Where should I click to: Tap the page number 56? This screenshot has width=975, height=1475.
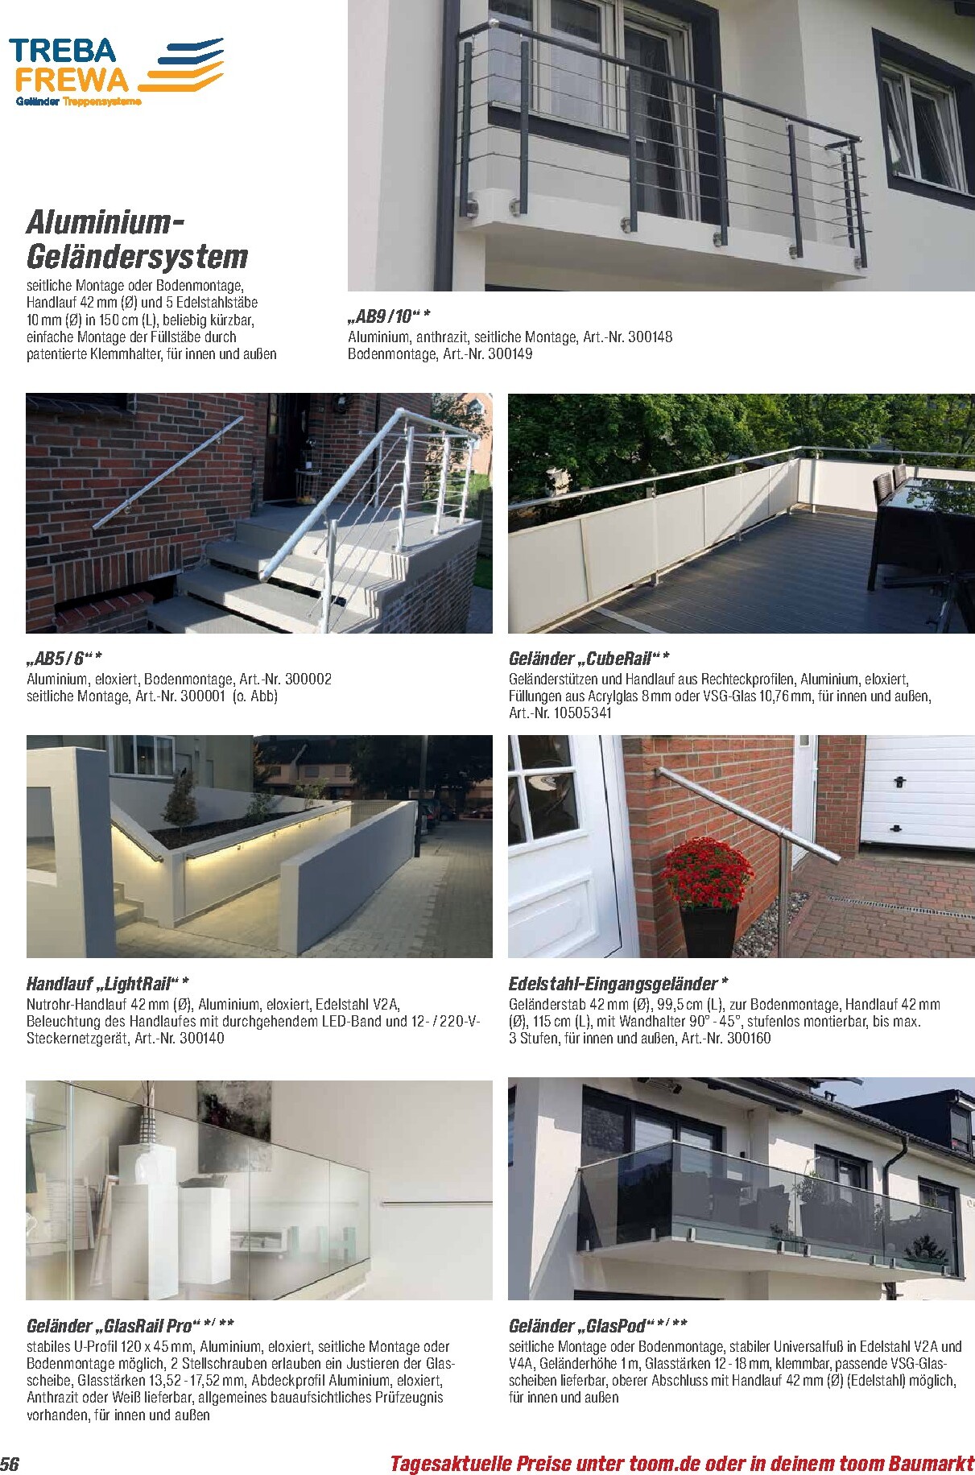[10, 1462]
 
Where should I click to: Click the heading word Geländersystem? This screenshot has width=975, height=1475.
[137, 257]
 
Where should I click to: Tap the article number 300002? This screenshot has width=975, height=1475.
[303, 679]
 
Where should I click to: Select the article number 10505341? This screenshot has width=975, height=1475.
[581, 713]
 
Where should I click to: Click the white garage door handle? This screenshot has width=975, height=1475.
[899, 780]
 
